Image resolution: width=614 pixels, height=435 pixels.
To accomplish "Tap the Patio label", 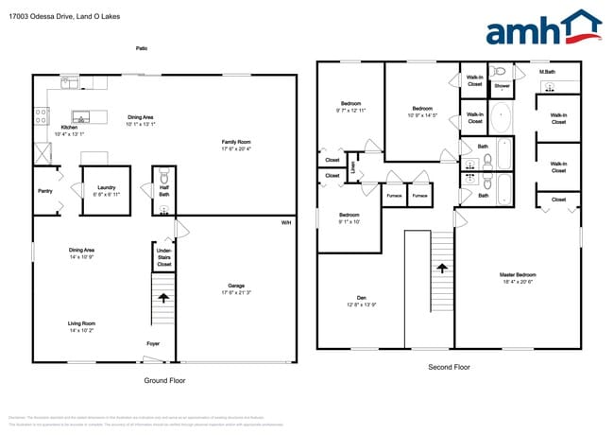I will pos(142,48).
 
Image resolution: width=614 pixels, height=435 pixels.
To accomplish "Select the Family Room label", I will pos(236,145).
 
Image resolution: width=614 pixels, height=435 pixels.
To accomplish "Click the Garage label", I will pos(236,288).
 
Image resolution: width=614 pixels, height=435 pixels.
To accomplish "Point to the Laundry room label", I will pos(106,189).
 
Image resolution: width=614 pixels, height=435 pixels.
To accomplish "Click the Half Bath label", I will pos(163,191).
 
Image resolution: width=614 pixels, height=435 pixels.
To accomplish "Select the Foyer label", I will pos(152,343).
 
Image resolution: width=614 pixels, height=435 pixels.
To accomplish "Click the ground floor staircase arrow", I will pos(164,298).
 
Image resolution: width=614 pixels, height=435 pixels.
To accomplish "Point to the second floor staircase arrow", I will pos(441,269).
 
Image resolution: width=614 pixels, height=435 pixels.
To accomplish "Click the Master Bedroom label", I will pos(517,278).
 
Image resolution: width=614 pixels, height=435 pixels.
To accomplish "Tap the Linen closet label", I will pos(351,167).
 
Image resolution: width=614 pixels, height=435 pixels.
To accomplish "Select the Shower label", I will pos(503,86).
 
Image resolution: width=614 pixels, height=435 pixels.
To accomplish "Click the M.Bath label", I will pos(546,72).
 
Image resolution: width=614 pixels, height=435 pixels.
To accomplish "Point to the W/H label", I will pos(285,223).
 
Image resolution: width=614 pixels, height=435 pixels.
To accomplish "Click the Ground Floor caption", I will pos(165,380).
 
